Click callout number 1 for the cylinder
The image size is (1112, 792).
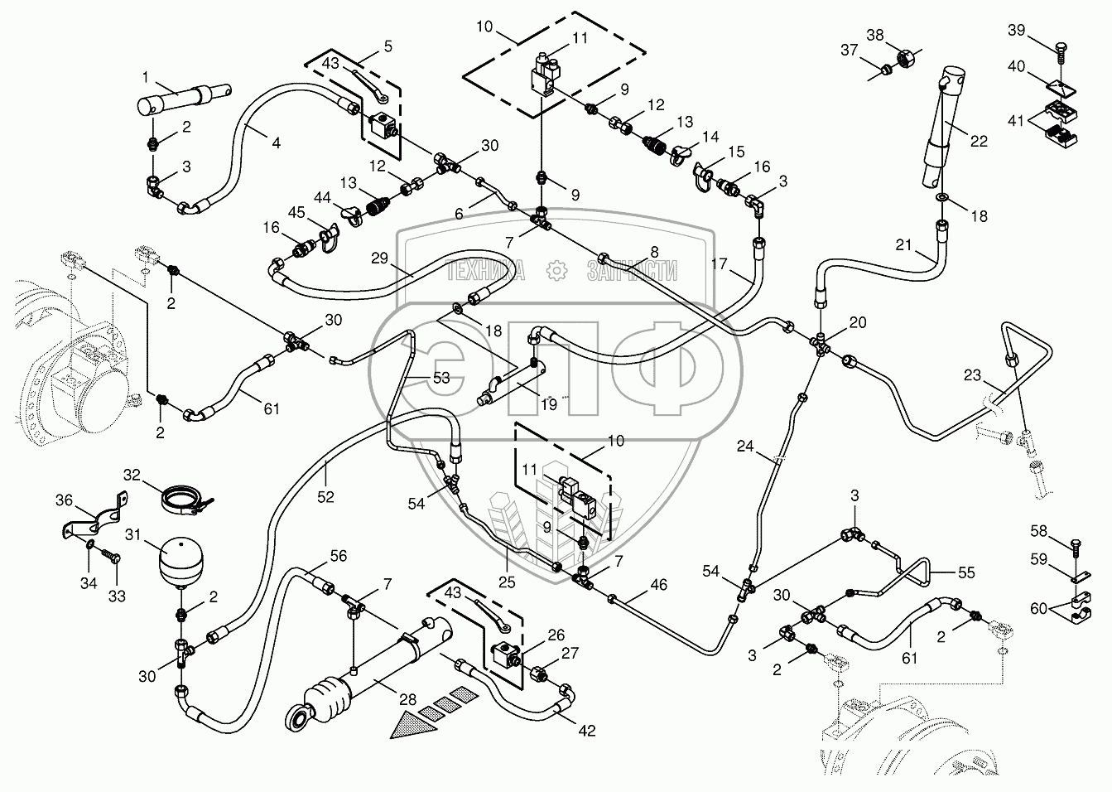coord(145,77)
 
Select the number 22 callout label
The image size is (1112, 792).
coord(979,141)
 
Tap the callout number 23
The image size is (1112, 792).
coord(973,375)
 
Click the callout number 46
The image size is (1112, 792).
coord(658,586)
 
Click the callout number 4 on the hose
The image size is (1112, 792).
coord(275,142)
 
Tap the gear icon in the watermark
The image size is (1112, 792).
coord(555,270)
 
